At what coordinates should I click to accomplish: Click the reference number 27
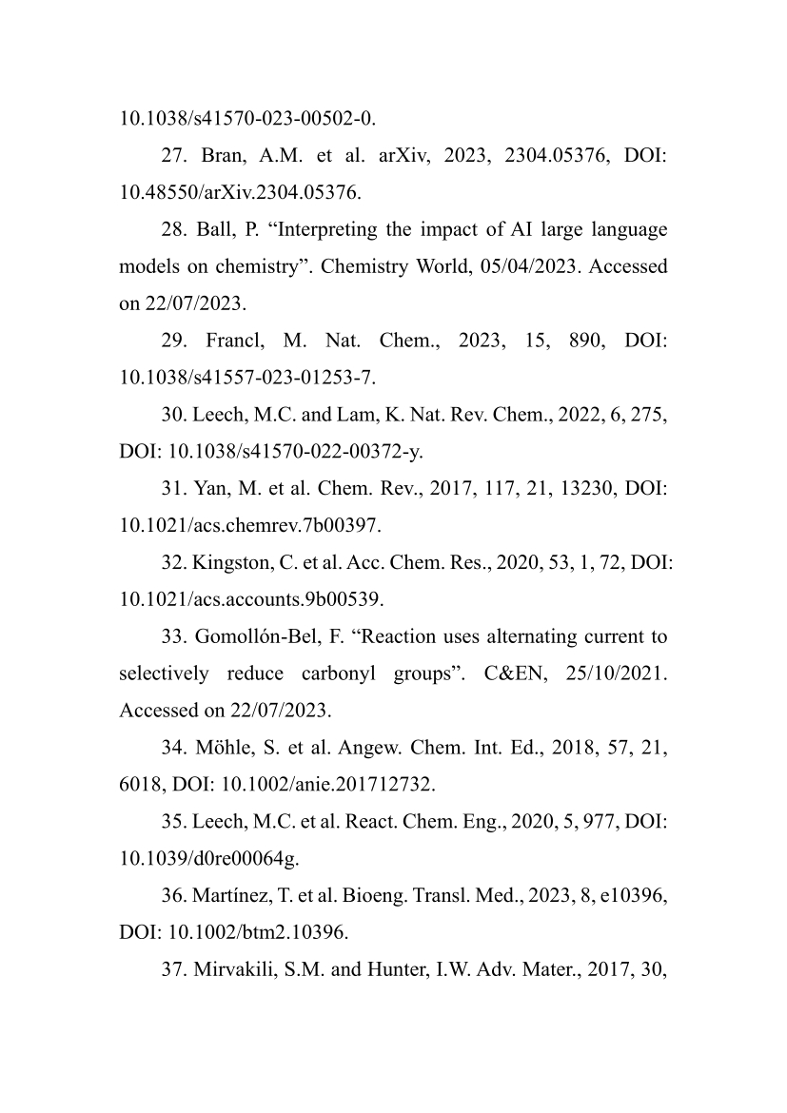pyautogui.click(x=173, y=156)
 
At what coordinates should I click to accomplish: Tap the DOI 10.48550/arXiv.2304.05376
pyautogui.click(x=239, y=193)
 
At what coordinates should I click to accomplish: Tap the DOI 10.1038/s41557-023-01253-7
pyautogui.click(x=246, y=378)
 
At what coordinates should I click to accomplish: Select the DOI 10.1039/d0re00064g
pyautogui.click(x=208, y=859)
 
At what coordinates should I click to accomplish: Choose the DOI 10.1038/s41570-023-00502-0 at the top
pyautogui.click(x=246, y=119)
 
